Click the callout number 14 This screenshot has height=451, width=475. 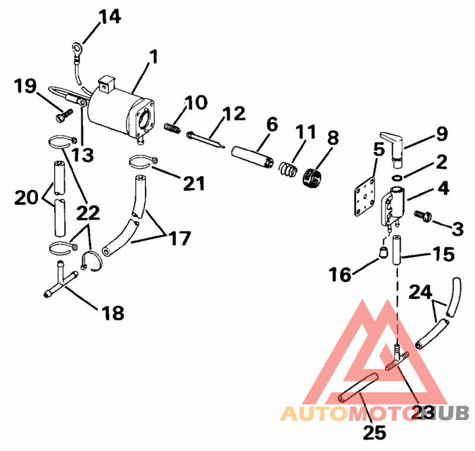(x=109, y=16)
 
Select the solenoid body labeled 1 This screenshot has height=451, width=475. (x=119, y=107)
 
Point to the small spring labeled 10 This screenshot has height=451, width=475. (x=172, y=128)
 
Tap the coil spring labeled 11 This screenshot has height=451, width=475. (x=287, y=169)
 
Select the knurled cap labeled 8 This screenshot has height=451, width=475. (x=313, y=174)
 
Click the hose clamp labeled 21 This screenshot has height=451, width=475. (x=144, y=160)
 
